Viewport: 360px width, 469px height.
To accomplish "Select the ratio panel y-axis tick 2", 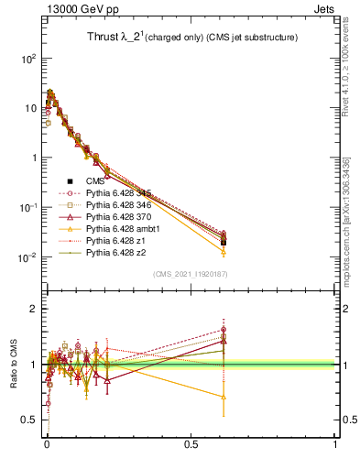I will click(35, 309).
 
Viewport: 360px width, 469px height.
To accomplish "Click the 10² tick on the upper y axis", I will click(28, 59).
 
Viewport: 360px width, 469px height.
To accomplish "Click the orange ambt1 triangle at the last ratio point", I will click(223, 397).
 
